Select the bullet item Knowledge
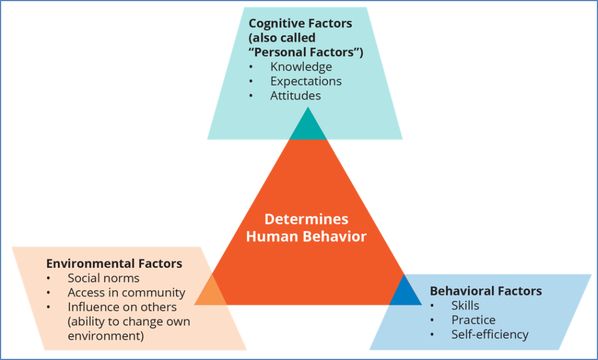click(301, 67)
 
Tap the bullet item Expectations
click(305, 81)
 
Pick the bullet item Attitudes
click(295, 95)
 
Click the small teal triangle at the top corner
click(308, 128)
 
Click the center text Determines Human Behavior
click(306, 228)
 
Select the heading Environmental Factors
click(114, 264)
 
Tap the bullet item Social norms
click(103, 278)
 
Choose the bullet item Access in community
click(126, 293)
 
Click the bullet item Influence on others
click(122, 307)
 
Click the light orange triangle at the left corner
click(212, 292)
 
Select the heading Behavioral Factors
click(486, 290)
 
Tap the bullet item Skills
click(465, 305)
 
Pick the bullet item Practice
click(473, 320)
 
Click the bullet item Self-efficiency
click(489, 334)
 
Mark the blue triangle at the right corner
click(404, 293)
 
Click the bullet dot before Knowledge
click(251, 67)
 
